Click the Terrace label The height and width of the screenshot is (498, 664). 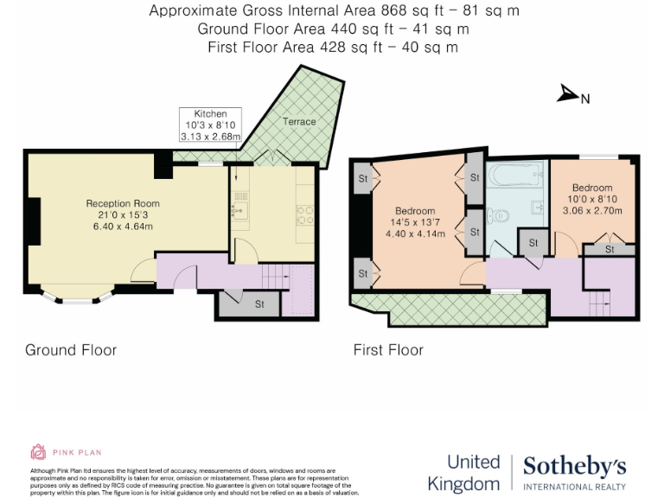(x=299, y=122)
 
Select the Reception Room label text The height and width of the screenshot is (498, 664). (x=123, y=204)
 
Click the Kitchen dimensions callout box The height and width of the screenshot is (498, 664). (x=210, y=124)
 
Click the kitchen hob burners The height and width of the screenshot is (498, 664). (x=304, y=214)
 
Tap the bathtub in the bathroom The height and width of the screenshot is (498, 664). (x=514, y=176)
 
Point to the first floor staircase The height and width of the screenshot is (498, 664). (x=597, y=303)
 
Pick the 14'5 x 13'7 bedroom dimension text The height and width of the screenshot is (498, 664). (x=415, y=222)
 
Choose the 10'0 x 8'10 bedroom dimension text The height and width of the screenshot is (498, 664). (x=592, y=199)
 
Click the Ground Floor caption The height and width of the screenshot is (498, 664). (x=71, y=350)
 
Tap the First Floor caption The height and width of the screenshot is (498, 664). (x=388, y=350)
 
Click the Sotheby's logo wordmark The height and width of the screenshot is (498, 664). (x=574, y=467)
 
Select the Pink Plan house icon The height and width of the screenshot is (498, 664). (x=38, y=451)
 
